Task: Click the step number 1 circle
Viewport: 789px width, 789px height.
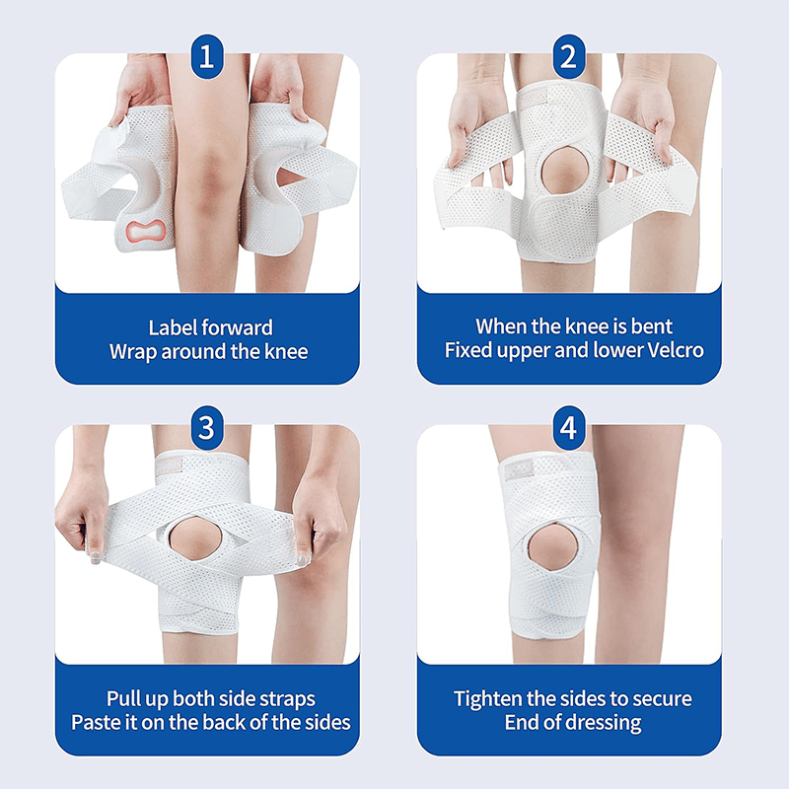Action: click(x=205, y=56)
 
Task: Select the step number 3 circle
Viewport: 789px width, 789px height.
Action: click(x=205, y=427)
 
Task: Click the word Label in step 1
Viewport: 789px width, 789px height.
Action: click(x=176, y=326)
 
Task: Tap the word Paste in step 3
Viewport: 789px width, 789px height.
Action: click(x=97, y=722)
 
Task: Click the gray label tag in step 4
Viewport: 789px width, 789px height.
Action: click(x=517, y=471)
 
